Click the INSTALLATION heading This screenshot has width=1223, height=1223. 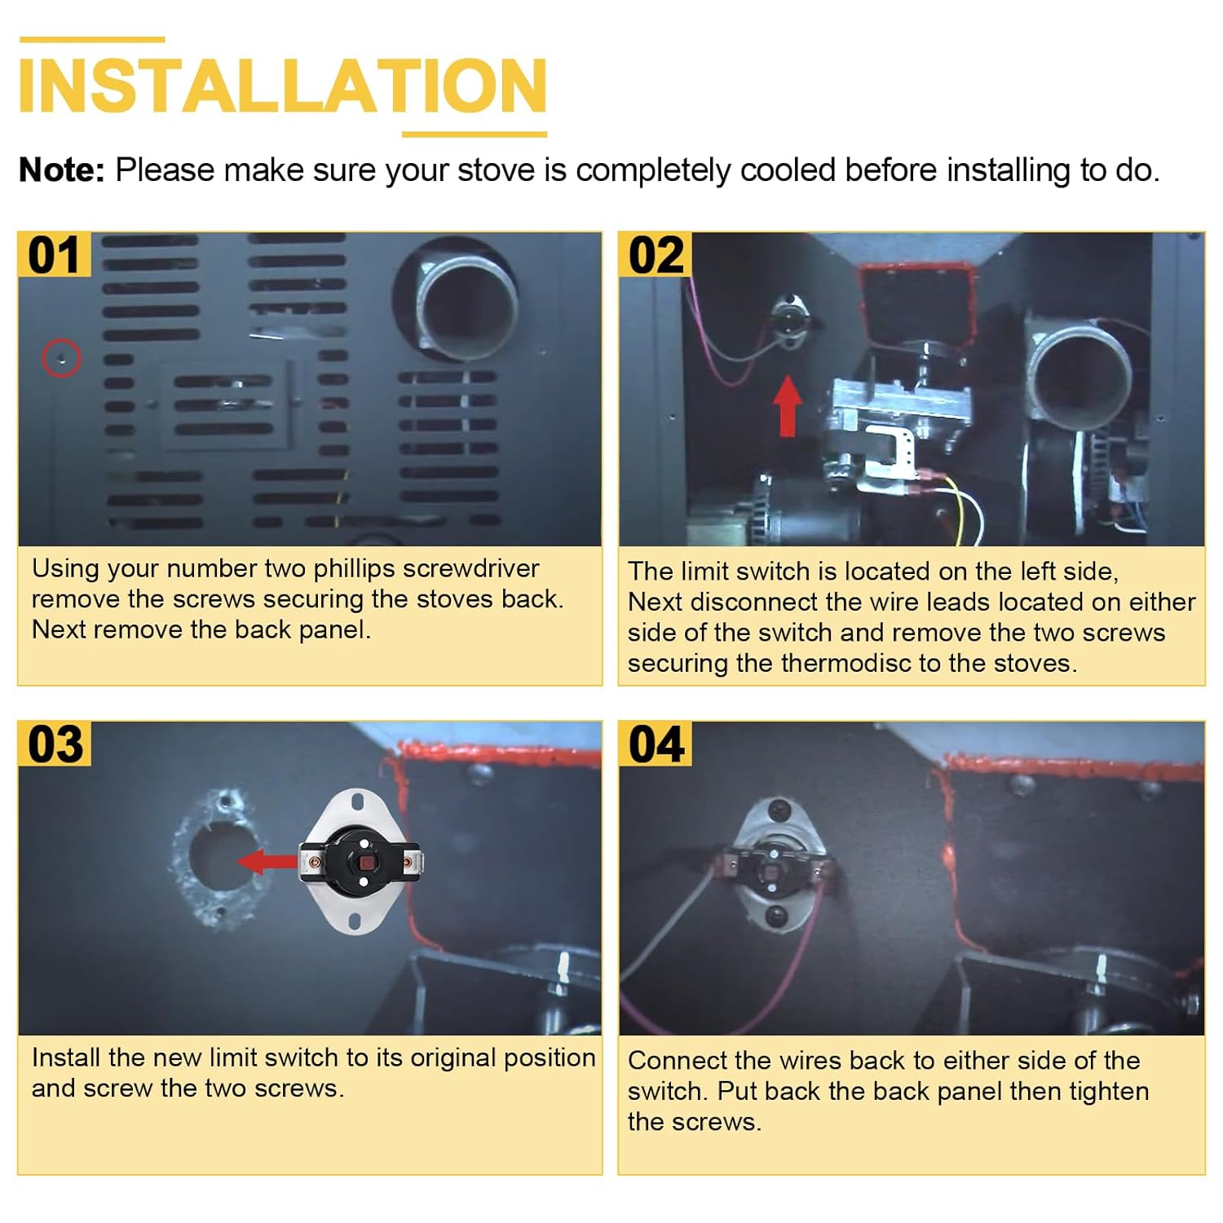point(282,86)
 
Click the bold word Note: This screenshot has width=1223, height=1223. point(62,170)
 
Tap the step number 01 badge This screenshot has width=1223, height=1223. point(55,255)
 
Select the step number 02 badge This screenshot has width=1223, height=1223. point(656,255)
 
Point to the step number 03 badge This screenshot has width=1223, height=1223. point(55,744)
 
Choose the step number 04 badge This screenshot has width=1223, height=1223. point(656,744)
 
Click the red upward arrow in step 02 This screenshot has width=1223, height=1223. point(788,406)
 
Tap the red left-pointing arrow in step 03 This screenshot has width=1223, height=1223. point(267,861)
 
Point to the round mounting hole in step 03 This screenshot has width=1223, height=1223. point(217,856)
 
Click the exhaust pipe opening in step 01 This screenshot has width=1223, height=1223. point(469,308)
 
